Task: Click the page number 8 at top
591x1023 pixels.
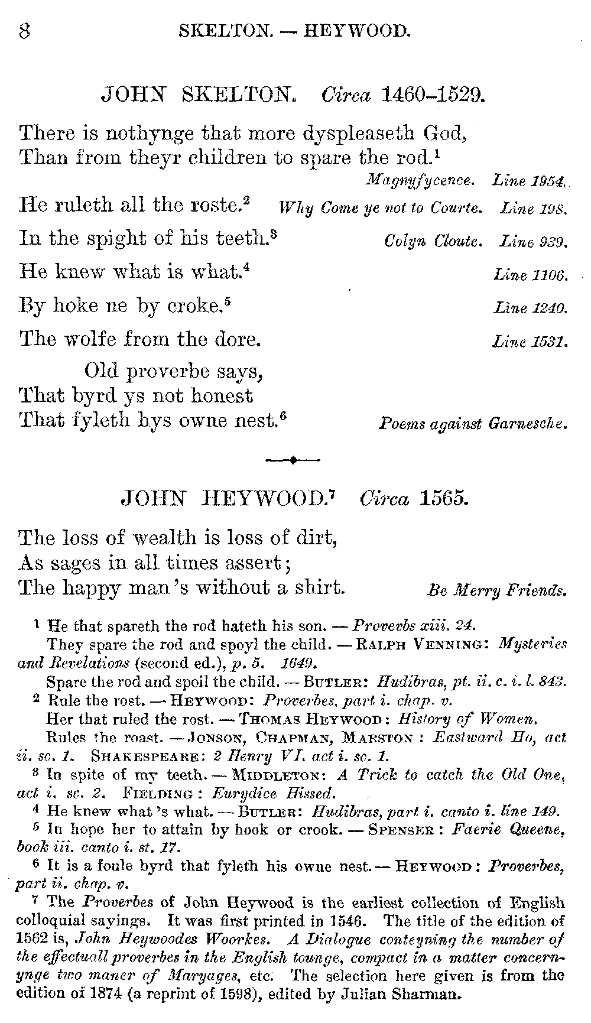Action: click(x=25, y=30)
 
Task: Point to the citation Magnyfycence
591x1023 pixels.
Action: click(x=420, y=180)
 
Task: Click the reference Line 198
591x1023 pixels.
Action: click(x=534, y=208)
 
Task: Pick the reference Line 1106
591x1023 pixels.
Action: click(x=530, y=275)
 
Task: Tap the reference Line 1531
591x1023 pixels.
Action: click(x=530, y=342)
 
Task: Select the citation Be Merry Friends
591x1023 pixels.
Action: click(x=496, y=590)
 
